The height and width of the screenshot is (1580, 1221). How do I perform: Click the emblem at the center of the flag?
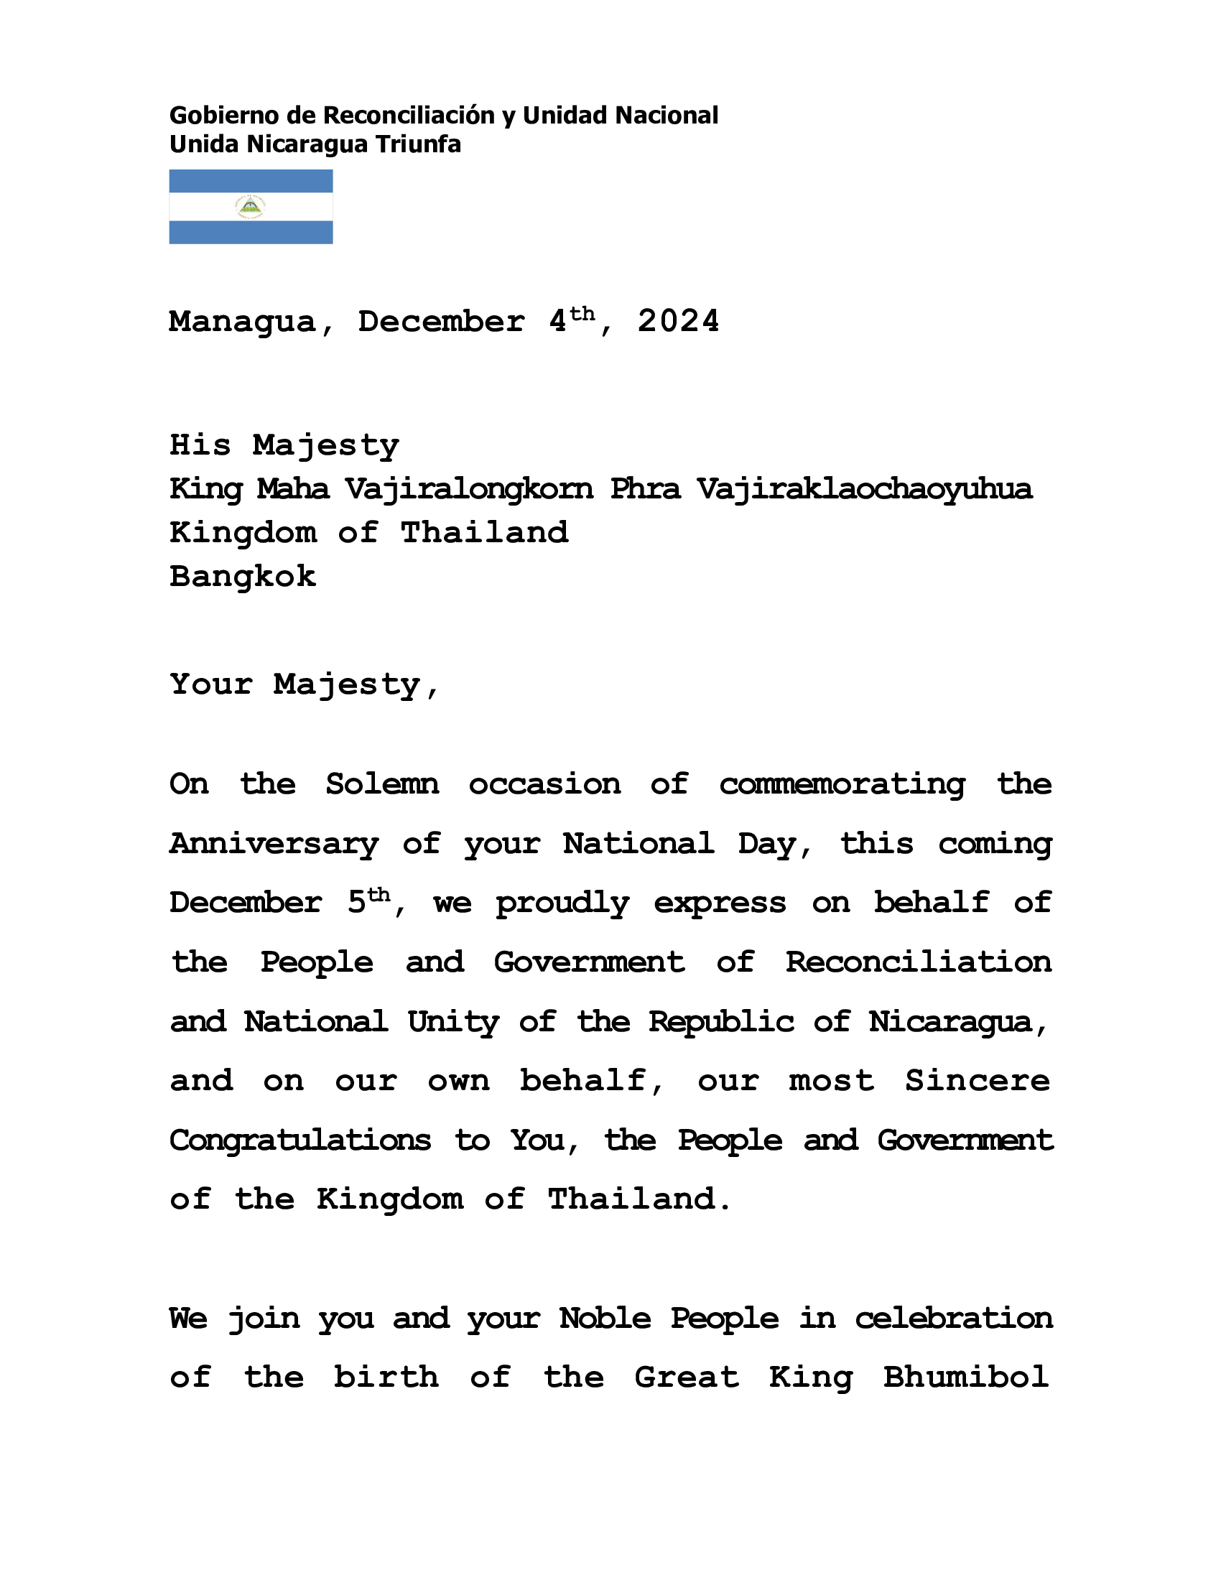click(x=250, y=208)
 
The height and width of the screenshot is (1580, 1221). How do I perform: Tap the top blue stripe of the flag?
click(x=250, y=181)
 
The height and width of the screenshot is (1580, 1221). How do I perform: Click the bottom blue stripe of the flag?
click(x=250, y=232)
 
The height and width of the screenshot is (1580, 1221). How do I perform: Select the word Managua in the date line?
click(x=243, y=322)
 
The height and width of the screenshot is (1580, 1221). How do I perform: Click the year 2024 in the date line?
click(x=678, y=320)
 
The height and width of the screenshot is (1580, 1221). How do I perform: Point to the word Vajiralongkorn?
click(x=469, y=490)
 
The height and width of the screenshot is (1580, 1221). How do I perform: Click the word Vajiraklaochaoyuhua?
click(x=864, y=490)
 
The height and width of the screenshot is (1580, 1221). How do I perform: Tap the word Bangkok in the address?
click(x=242, y=577)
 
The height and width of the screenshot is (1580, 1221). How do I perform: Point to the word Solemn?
click(x=382, y=784)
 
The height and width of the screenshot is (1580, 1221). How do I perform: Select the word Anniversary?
click(x=274, y=845)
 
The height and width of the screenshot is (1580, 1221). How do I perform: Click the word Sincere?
click(x=978, y=1081)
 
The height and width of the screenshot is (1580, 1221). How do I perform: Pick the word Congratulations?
click(x=300, y=1141)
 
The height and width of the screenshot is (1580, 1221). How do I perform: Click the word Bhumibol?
click(x=965, y=1377)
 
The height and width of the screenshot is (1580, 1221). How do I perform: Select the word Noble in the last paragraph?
click(x=605, y=1318)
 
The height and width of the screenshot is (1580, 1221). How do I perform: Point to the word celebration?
click(x=953, y=1318)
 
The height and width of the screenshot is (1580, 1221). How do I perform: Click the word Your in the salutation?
click(x=211, y=684)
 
